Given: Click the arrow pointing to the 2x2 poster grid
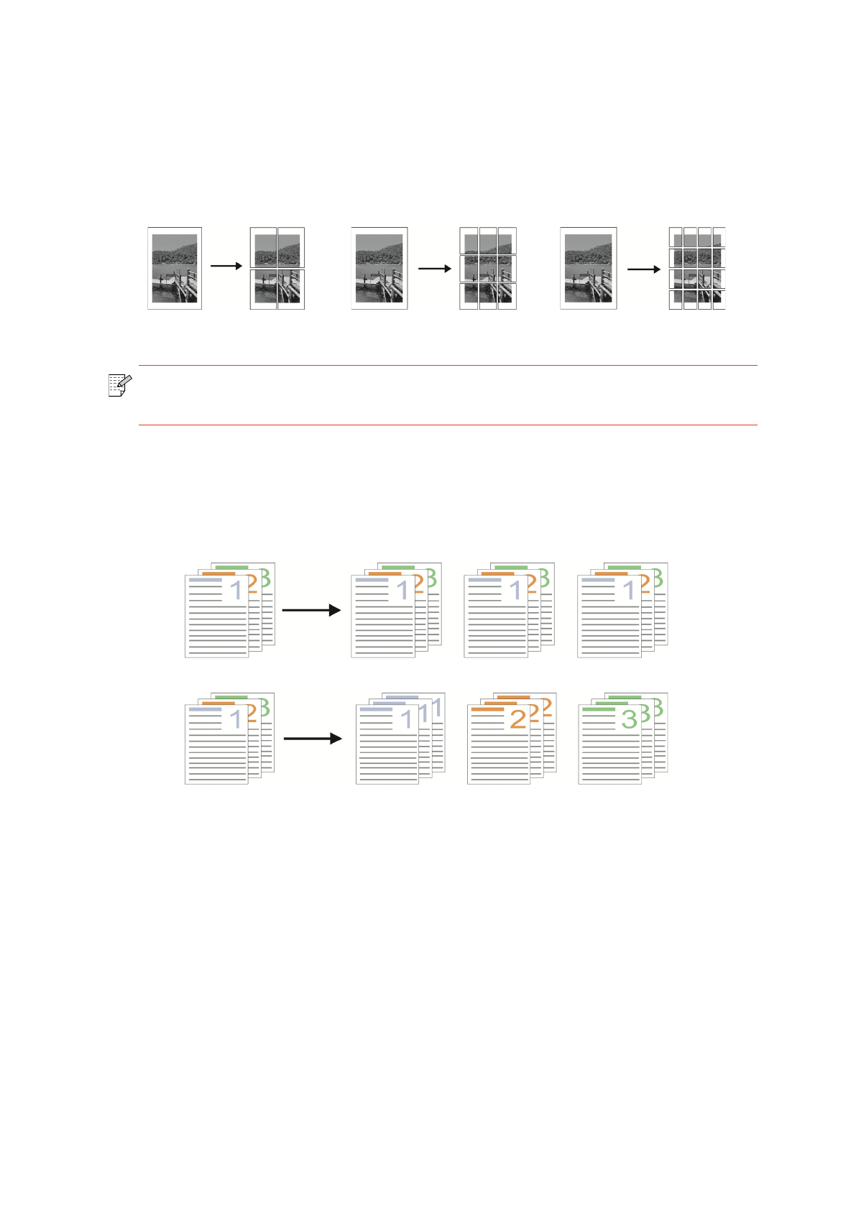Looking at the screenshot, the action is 226,266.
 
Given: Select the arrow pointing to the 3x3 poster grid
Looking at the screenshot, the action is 435,269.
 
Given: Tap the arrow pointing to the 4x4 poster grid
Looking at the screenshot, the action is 643,269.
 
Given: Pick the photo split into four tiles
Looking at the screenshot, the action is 277,268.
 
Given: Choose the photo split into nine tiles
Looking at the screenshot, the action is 487,268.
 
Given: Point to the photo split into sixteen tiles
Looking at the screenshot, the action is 696,268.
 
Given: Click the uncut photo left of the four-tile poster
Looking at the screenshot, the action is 175,268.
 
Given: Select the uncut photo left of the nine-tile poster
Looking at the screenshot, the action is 379,268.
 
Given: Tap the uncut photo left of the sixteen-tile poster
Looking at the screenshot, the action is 588,268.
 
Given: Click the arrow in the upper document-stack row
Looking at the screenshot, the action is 311,610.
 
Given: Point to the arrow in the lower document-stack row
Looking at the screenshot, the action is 313,738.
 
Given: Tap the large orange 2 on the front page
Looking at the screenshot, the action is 517,719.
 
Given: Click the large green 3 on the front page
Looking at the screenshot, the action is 630,719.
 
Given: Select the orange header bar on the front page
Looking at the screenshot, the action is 487,709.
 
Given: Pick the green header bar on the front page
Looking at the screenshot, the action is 599,709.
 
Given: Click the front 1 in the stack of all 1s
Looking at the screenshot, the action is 407,719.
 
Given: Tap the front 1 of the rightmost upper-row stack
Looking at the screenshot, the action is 630,591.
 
